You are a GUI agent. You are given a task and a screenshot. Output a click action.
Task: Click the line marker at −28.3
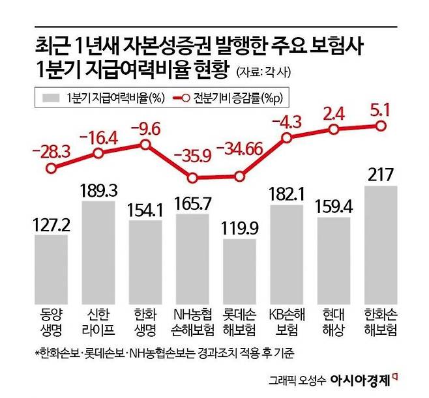click(x=51, y=167)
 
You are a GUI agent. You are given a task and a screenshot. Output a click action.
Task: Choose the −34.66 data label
click(x=240, y=149)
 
